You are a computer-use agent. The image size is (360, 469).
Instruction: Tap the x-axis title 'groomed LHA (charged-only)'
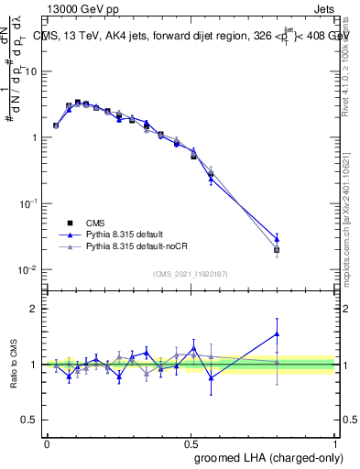coord(259,457)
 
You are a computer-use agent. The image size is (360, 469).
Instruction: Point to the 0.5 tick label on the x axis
coord(191,442)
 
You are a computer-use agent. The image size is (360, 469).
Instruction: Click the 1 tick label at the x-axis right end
coord(335,442)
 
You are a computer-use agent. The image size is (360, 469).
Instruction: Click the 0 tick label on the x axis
coord(48,442)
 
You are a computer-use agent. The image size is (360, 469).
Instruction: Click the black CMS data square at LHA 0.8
coord(277,249)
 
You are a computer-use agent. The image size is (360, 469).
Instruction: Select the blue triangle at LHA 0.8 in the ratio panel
coord(277,334)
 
